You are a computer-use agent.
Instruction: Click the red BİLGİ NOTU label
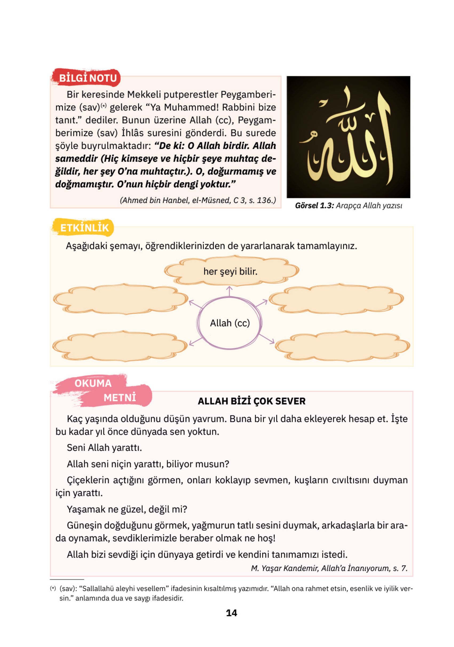click(x=87, y=78)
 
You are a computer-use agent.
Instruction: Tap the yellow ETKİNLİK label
click(x=84, y=228)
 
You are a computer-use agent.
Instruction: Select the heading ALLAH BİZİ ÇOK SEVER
click(x=251, y=401)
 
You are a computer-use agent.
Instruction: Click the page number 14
click(x=231, y=613)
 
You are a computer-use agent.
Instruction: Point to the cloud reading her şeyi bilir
click(x=231, y=271)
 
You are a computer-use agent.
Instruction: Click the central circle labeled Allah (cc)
click(x=230, y=323)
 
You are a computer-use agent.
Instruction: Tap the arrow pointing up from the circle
click(x=229, y=291)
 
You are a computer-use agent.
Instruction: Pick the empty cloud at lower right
click(x=342, y=346)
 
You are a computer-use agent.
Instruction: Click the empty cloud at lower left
click(x=120, y=346)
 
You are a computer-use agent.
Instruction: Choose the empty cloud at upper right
click(x=337, y=299)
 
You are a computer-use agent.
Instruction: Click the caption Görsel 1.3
click(x=314, y=206)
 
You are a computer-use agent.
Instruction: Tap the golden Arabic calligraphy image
click(x=348, y=137)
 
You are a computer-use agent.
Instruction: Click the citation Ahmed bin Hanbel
click(x=198, y=200)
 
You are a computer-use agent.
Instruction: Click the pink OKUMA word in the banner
click(x=93, y=383)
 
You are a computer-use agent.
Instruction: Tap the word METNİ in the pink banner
click(x=120, y=398)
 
